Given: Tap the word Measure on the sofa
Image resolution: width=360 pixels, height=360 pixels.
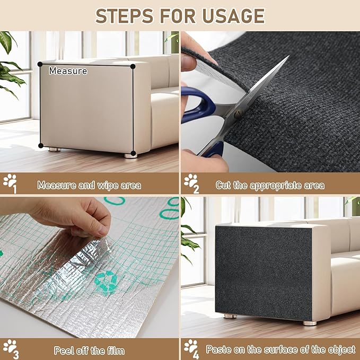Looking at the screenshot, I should tap(68, 71).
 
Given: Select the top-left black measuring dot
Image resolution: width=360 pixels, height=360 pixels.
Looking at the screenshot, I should tap(40, 64).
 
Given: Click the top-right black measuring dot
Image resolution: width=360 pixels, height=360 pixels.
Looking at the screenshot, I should tap(133, 66).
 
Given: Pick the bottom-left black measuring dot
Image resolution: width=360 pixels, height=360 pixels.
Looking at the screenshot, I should tap(40, 145).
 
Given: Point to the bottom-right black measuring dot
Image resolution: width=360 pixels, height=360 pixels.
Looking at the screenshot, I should tap(133, 155).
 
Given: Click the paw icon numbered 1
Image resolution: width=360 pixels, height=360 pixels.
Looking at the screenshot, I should tap(10, 182).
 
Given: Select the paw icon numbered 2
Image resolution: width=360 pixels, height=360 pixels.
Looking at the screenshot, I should tap(191, 182).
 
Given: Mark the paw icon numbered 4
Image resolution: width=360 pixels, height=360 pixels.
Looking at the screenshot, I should tap(191, 347).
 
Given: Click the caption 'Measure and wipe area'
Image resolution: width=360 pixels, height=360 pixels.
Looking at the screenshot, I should tap(89, 186).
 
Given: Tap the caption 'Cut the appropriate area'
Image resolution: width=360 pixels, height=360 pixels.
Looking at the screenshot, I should tap(270, 186).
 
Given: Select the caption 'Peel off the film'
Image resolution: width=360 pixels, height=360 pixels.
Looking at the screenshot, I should tap(89, 350).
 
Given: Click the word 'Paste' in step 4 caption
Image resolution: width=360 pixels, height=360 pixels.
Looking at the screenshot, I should tap(217, 350).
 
